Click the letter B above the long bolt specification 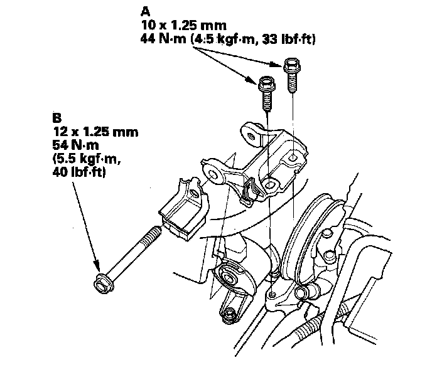[x=57, y=117]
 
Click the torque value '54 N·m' [x=75, y=145]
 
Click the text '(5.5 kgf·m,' [x=85, y=159]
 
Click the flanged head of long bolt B [x=100, y=286]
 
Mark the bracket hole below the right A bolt [x=293, y=157]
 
